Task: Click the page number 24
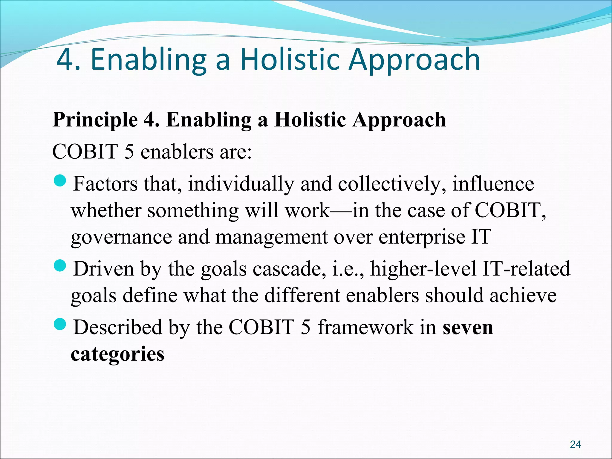(x=575, y=444)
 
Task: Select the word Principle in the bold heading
(x=95, y=120)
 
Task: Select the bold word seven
(x=468, y=327)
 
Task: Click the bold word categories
(x=117, y=354)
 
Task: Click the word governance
(x=121, y=237)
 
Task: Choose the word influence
(x=493, y=184)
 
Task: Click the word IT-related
(x=526, y=268)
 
